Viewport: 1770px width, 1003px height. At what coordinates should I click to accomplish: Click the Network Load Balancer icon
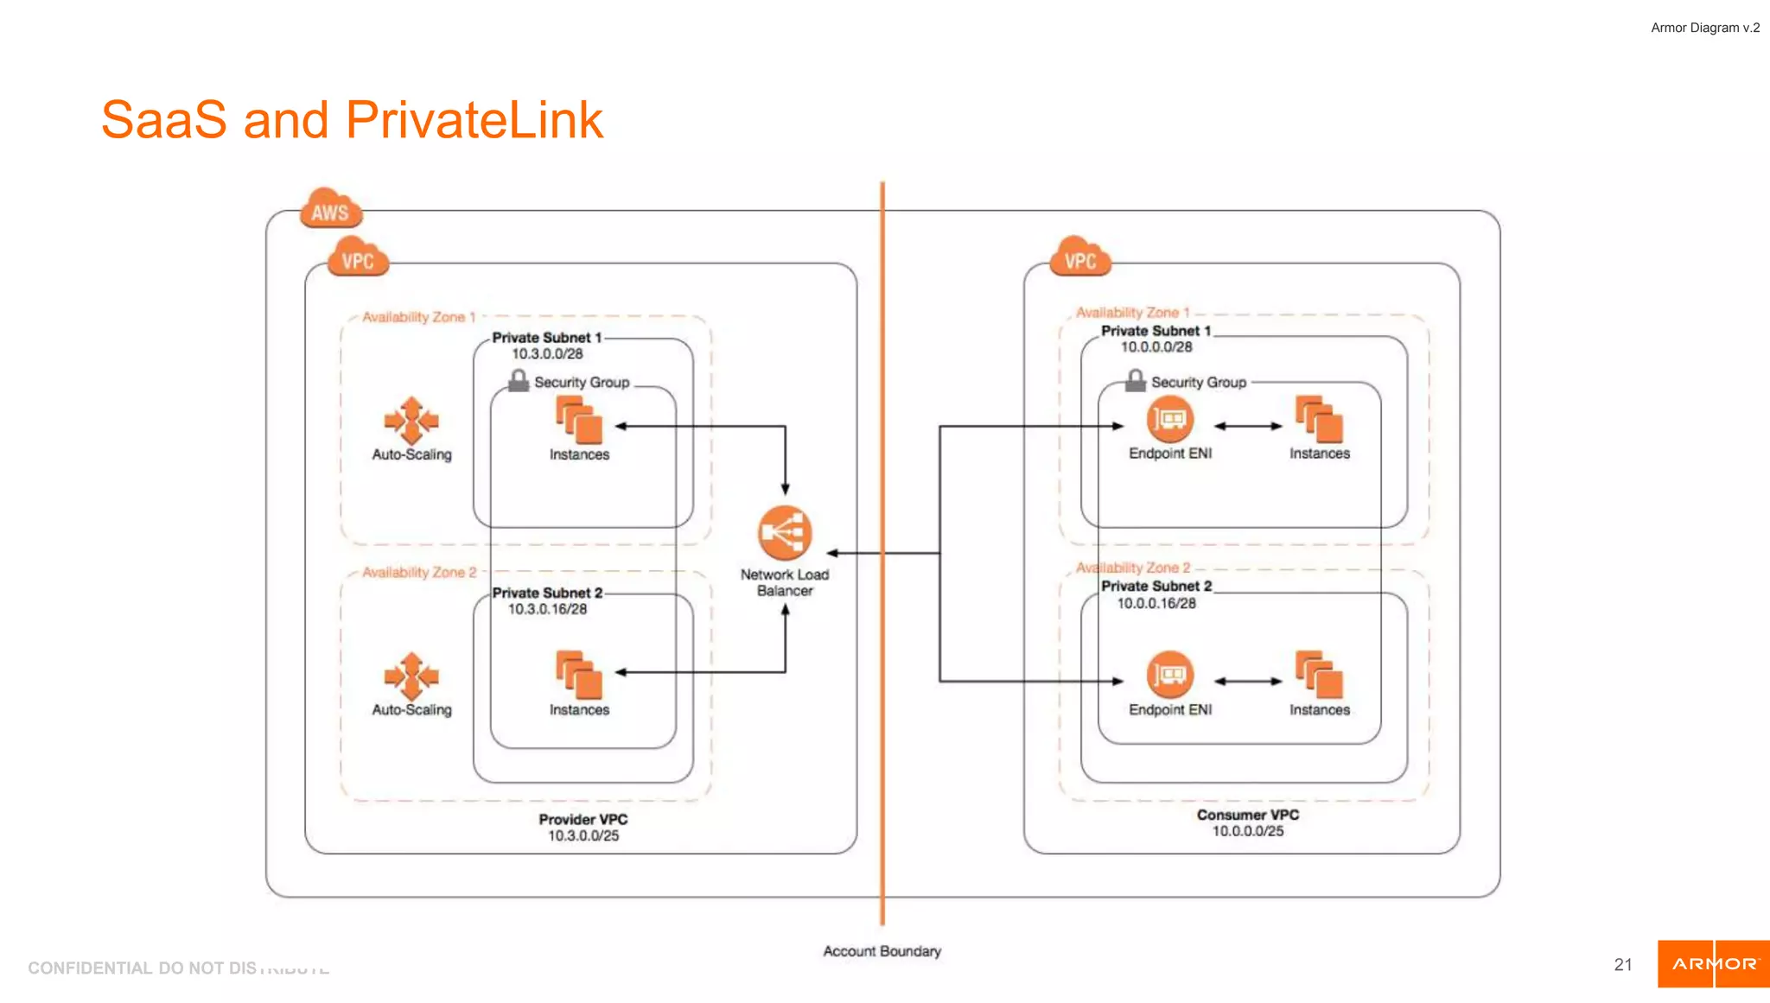[x=785, y=532]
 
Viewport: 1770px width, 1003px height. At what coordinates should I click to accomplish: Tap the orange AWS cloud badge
[x=330, y=210]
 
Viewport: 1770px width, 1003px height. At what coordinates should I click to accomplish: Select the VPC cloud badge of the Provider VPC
[x=358, y=258]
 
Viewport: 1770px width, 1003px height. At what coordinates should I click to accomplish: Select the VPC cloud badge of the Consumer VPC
[x=1079, y=258]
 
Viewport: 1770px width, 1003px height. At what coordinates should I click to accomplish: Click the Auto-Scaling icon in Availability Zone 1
[x=411, y=421]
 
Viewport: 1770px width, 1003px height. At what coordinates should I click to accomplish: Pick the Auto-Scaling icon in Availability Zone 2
[x=411, y=676]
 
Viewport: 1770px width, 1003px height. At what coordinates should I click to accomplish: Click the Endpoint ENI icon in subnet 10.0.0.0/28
[x=1170, y=420]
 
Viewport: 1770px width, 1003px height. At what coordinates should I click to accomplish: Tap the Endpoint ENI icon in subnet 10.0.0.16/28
[x=1170, y=675]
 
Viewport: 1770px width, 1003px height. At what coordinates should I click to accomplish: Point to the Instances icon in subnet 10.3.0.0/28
[x=579, y=420]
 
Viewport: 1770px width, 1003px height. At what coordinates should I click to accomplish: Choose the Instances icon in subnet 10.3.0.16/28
[x=579, y=675]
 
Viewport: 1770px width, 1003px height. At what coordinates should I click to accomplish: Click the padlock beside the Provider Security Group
[x=519, y=380]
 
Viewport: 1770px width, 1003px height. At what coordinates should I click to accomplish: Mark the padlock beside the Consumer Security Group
[x=1136, y=380]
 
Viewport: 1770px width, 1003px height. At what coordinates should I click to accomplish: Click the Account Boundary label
[x=882, y=951]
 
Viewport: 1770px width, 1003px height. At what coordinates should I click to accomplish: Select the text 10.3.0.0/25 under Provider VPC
[x=583, y=836]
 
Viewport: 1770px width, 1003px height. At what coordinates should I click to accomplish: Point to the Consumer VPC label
[x=1247, y=815]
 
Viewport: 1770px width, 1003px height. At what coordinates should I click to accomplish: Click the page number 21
[x=1623, y=965]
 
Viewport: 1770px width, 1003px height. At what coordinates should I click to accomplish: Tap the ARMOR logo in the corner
[x=1714, y=964]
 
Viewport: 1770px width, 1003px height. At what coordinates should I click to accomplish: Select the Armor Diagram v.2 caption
[x=1704, y=28]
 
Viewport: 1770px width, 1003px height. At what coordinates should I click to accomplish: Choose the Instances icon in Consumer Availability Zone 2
[x=1319, y=675]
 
